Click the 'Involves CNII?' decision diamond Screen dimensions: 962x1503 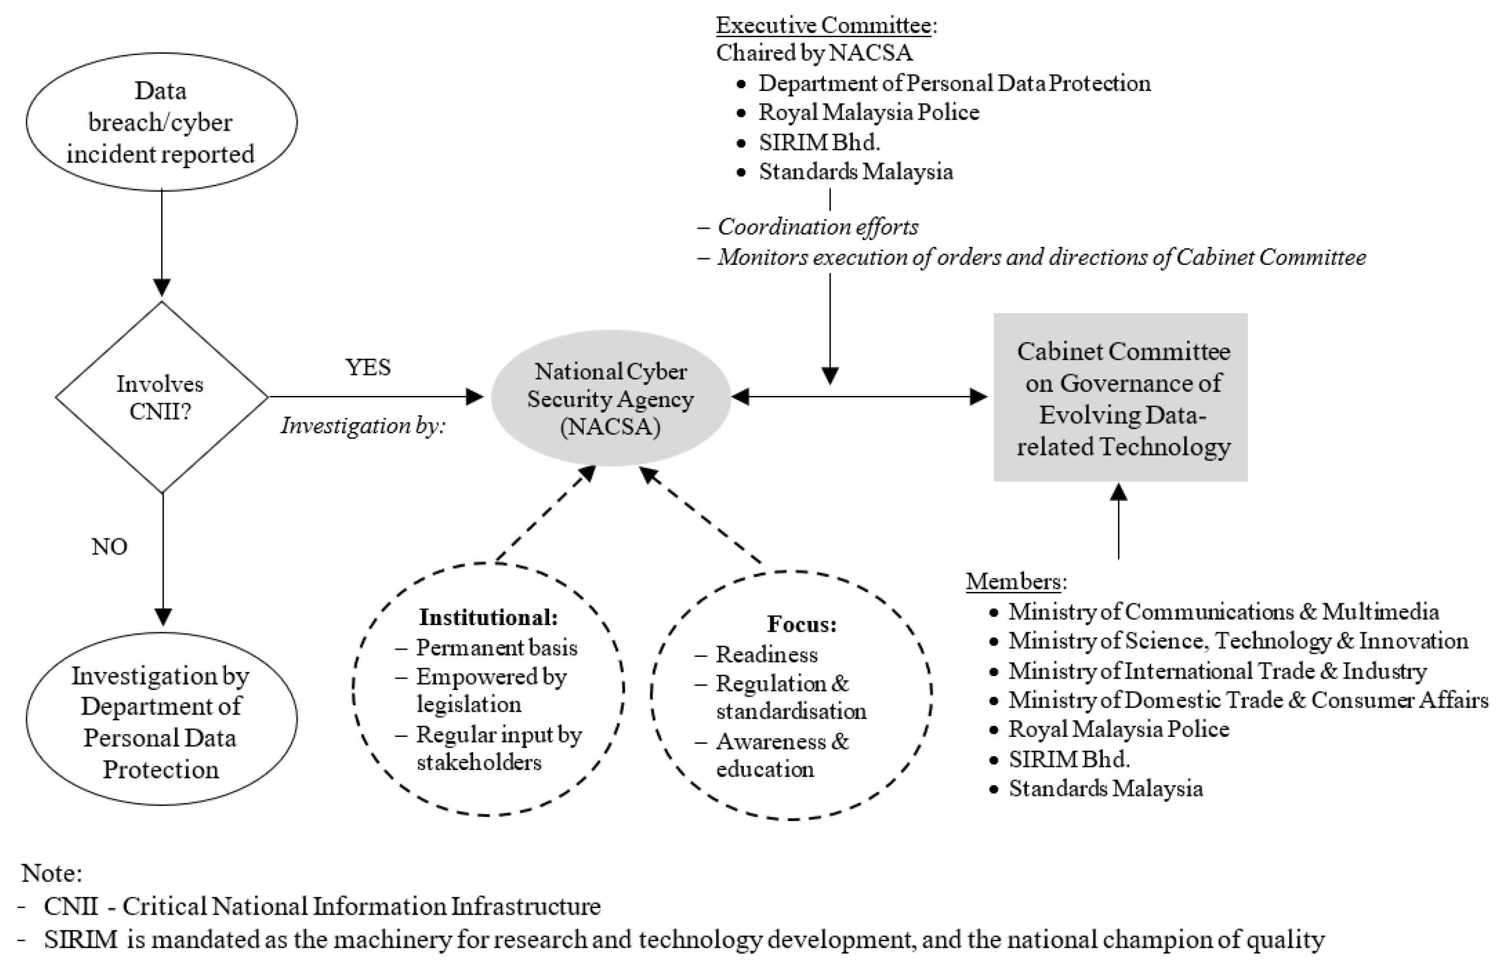pyautogui.click(x=161, y=397)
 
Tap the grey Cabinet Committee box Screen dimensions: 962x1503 pyautogui.click(x=1120, y=397)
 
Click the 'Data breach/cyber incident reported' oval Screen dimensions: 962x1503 pyautogui.click(x=161, y=122)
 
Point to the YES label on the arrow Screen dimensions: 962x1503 pyautogui.click(x=368, y=367)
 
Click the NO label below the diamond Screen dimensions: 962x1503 pyautogui.click(x=109, y=547)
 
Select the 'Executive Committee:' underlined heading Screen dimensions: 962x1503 pyautogui.click(x=826, y=25)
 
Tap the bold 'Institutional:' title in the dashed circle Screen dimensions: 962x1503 pyautogui.click(x=488, y=617)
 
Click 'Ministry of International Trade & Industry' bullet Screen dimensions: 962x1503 pyautogui.click(x=1217, y=671)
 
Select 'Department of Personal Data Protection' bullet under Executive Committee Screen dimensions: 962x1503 pyautogui.click(x=954, y=83)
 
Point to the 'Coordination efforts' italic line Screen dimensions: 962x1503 pyautogui.click(x=817, y=227)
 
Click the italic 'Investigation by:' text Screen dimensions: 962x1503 pyautogui.click(x=362, y=426)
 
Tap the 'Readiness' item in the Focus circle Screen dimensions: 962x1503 pyautogui.click(x=766, y=654)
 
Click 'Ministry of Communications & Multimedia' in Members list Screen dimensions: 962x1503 pyautogui.click(x=1223, y=612)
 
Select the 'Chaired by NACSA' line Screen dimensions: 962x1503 pyautogui.click(x=814, y=53)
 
